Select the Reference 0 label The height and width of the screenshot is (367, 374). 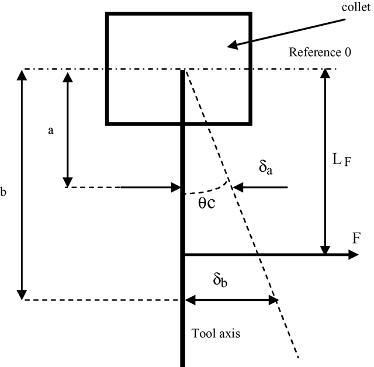(x=320, y=53)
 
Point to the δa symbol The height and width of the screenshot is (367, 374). (x=266, y=169)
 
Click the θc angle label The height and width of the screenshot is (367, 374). (x=205, y=203)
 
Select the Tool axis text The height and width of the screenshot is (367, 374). (x=216, y=334)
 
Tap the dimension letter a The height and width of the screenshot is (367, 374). (x=51, y=131)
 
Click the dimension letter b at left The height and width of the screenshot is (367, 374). (x=4, y=191)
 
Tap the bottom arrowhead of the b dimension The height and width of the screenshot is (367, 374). (x=22, y=295)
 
